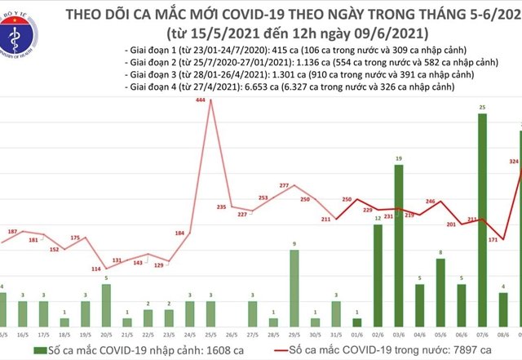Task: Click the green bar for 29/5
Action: pos(294,286)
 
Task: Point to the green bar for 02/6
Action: pos(378,273)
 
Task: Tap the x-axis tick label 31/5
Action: pos(335,335)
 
